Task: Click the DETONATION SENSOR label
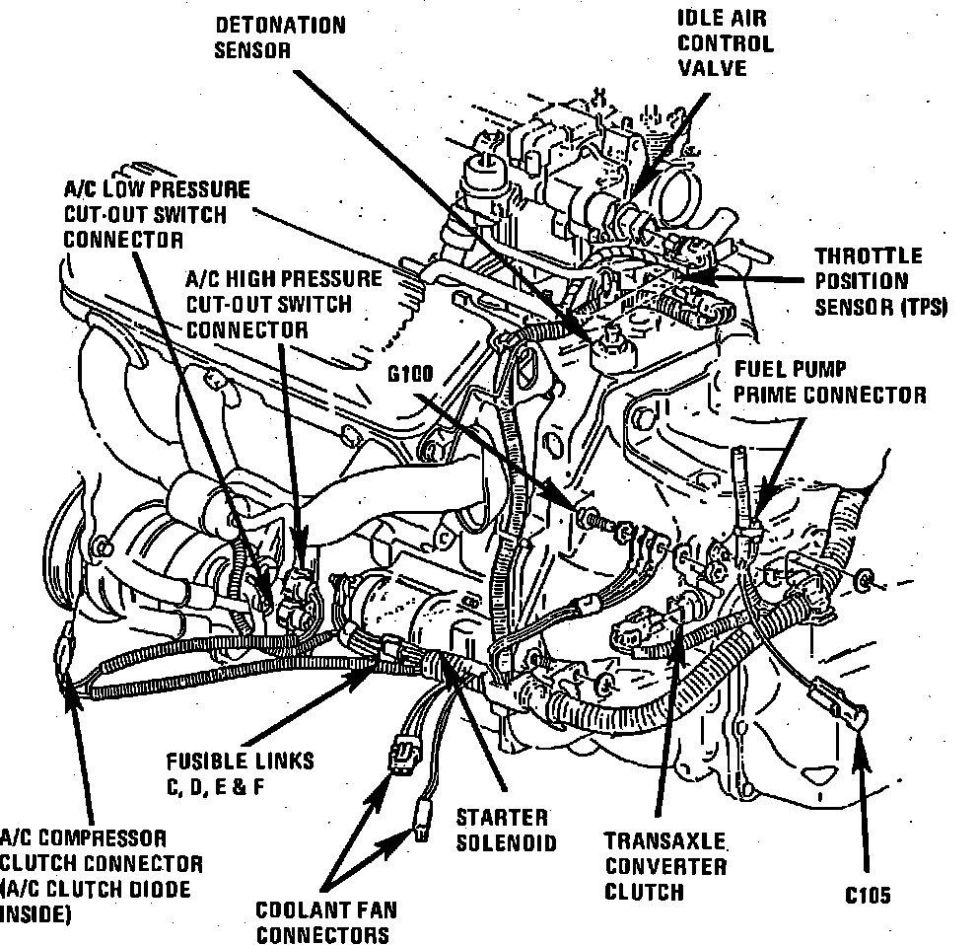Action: click(x=280, y=36)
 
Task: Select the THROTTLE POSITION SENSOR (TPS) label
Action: click(x=879, y=281)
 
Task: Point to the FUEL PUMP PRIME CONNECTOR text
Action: click(x=829, y=382)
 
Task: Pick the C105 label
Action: click(x=868, y=896)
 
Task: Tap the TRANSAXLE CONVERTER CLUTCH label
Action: click(x=665, y=866)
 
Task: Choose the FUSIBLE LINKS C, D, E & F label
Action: click(x=240, y=772)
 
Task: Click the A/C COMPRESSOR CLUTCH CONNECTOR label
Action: click(x=99, y=877)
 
